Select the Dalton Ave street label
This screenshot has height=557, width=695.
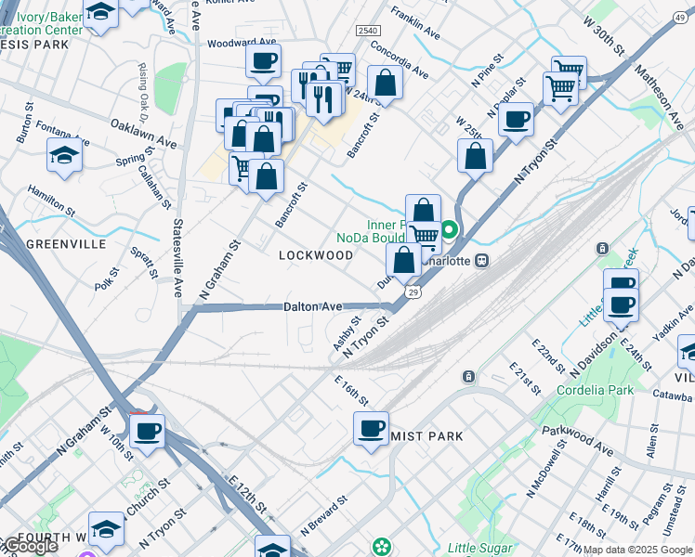coord(313,306)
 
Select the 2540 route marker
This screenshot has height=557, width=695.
coord(368,32)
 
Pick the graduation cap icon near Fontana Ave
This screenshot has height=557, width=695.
coord(64,156)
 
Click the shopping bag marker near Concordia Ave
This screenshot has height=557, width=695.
coord(385,82)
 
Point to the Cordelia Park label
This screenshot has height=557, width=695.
coord(595,390)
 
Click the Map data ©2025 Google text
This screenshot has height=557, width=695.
coord(636,550)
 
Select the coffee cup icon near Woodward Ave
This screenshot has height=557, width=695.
coord(263,61)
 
